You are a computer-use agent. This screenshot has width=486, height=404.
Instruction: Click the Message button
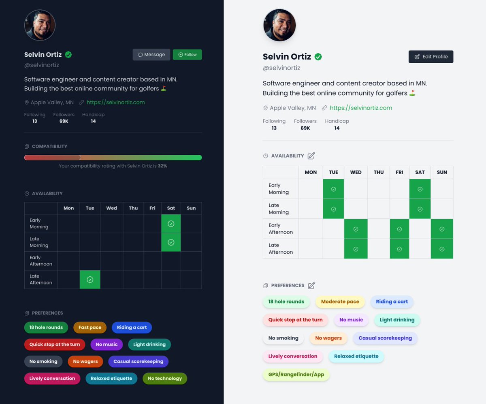click(151, 55)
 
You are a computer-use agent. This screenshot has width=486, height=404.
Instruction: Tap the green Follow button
click(187, 55)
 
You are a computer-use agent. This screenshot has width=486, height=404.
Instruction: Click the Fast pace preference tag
click(90, 327)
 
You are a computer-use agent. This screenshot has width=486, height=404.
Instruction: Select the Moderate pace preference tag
click(340, 301)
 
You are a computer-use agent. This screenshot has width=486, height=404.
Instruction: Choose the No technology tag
click(165, 378)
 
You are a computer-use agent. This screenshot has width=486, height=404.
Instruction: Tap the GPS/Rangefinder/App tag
click(296, 374)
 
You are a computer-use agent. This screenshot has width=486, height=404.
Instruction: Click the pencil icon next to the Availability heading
click(311, 156)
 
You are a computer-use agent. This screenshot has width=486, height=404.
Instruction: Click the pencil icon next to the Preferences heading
click(311, 285)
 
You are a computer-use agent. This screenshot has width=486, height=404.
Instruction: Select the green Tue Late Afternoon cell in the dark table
click(90, 280)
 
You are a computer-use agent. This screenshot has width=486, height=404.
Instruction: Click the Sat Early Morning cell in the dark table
click(171, 224)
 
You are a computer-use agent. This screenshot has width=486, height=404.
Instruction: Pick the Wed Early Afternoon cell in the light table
click(356, 229)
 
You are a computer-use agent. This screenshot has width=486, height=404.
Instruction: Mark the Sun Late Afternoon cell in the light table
click(442, 249)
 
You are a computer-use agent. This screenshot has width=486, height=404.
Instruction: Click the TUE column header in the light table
click(333, 172)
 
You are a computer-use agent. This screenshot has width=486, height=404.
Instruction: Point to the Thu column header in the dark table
click(133, 208)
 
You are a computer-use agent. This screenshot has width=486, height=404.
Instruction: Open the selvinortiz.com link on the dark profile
click(115, 102)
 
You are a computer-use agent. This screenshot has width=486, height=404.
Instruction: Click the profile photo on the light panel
click(279, 25)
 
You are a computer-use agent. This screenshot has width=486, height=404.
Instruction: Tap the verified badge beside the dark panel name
click(68, 55)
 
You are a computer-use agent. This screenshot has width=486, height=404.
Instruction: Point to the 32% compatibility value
click(162, 166)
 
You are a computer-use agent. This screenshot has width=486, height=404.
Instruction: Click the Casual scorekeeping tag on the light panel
click(385, 338)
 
